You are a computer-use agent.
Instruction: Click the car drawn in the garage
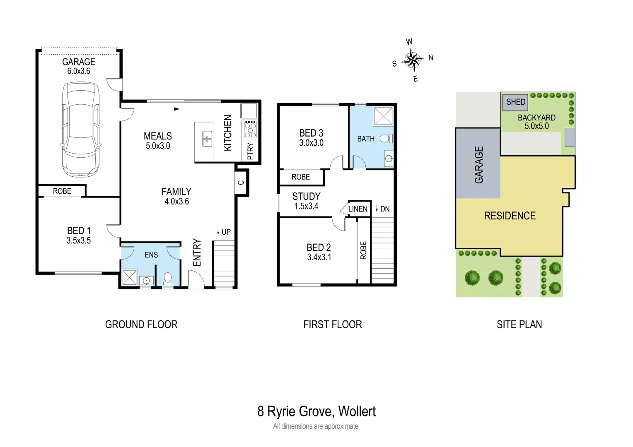tap(80, 129)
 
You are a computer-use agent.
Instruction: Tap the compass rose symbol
tap(412, 60)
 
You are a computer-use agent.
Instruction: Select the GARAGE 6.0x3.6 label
tap(79, 66)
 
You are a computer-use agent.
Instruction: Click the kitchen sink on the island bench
tap(207, 139)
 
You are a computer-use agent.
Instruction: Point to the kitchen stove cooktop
tap(250, 129)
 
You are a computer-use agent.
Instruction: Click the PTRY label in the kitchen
tap(250, 151)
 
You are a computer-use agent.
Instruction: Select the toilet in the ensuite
tap(168, 278)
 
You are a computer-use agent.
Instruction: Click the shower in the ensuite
tap(129, 277)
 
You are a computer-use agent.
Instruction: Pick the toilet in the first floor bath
tap(387, 139)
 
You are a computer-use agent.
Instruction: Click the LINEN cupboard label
tap(358, 209)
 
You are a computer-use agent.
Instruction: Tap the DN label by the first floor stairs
tap(384, 209)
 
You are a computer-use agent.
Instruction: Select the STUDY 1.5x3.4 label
tap(306, 201)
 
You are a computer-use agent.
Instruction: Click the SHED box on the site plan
tap(515, 102)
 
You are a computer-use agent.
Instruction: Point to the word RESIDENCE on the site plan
tap(510, 216)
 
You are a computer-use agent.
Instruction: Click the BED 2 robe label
tap(363, 250)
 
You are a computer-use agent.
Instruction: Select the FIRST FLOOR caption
tap(332, 324)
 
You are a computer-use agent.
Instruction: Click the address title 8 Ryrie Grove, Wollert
tap(316, 411)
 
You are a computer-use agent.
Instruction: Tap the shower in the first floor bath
tap(383, 116)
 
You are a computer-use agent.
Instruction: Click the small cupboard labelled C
tap(241, 182)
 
